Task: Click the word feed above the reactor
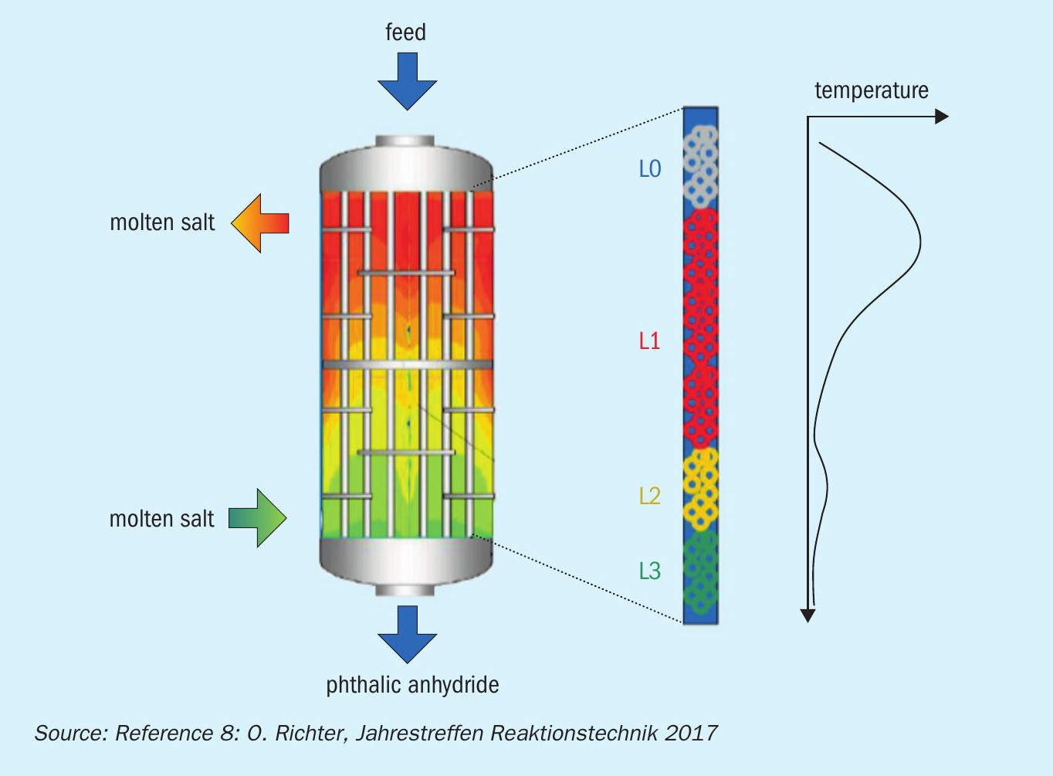[x=406, y=32]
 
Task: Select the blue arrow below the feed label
[x=407, y=81]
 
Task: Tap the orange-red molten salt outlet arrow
[x=260, y=223]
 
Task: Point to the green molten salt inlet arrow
[x=258, y=518]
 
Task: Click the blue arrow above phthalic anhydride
[x=407, y=635]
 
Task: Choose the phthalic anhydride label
[x=412, y=685]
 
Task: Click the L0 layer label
[x=650, y=168]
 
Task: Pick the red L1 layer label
[x=649, y=341]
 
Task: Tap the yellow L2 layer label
[x=650, y=496]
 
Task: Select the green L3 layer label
[x=650, y=571]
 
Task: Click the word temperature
[x=872, y=90]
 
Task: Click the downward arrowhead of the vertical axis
[x=808, y=615]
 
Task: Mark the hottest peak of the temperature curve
[x=920, y=242]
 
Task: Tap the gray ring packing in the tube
[x=700, y=167]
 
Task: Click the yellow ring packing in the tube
[x=700, y=489]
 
